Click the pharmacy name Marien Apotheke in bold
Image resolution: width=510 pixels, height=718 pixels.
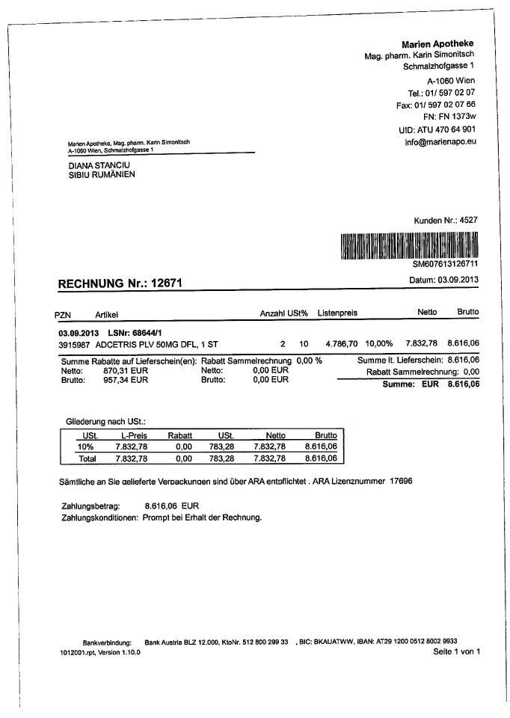437,43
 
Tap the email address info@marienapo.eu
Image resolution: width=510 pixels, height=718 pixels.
440,141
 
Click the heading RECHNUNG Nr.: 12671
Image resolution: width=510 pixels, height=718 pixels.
120,284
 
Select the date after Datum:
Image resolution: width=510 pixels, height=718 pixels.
458,280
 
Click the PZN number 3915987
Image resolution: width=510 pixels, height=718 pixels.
74,344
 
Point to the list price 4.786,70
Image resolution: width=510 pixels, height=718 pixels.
341,344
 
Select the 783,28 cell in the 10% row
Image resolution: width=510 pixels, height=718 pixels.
222,447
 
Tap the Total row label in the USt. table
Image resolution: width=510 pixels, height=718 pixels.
87,458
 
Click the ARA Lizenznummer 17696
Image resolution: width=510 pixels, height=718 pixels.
401,480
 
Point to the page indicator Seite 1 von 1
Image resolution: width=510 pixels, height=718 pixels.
456,652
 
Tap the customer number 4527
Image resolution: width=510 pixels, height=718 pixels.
468,220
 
